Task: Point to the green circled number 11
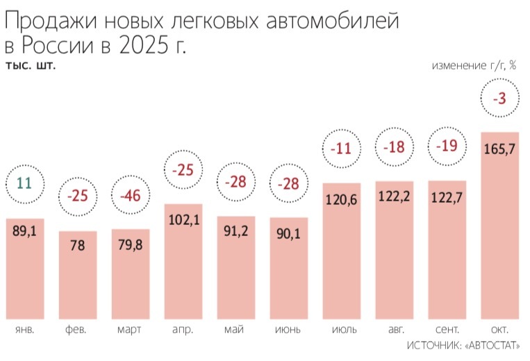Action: (24, 184)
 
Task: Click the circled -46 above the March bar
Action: (130, 195)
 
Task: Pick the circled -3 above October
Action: (499, 99)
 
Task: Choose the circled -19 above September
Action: (445, 147)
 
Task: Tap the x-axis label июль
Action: (340, 329)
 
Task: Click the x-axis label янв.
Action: (24, 329)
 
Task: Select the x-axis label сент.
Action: (446, 329)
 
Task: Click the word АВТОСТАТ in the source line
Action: (495, 345)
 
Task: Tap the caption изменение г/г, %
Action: (474, 66)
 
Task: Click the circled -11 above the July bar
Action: (340, 148)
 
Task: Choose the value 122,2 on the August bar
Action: (393, 197)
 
